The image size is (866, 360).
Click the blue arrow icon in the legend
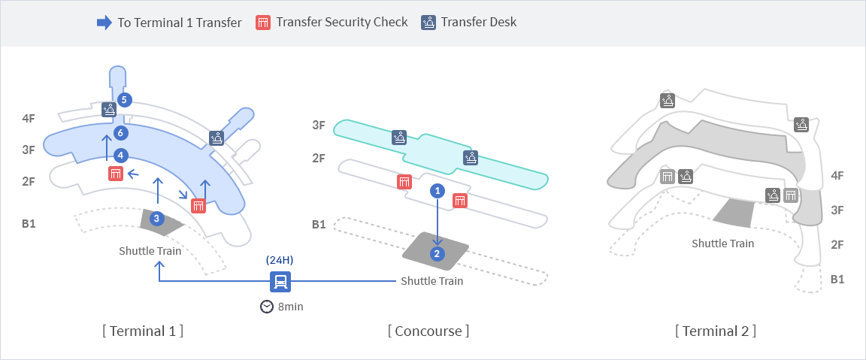point(104,23)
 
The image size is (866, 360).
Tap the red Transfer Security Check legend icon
point(263,23)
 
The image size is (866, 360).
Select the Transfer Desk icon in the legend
point(428,23)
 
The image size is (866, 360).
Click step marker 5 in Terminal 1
point(124,100)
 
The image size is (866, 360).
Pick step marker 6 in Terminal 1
point(121,132)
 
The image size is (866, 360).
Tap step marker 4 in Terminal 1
point(121,156)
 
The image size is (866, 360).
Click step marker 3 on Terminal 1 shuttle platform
point(156,219)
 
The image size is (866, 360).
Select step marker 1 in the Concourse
point(438,191)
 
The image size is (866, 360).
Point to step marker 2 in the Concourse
point(437,254)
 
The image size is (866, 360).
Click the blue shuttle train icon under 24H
point(280,282)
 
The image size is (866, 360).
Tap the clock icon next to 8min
point(267,307)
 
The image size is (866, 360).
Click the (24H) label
point(280,260)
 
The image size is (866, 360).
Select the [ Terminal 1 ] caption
point(143,331)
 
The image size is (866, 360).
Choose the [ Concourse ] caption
point(428,331)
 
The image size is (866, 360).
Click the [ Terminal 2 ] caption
point(715,331)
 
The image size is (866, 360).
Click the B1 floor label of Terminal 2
point(837,279)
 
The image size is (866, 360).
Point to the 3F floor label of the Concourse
point(319,125)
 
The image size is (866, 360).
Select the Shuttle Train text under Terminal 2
point(723,243)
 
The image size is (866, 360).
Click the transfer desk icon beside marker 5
point(109,109)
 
